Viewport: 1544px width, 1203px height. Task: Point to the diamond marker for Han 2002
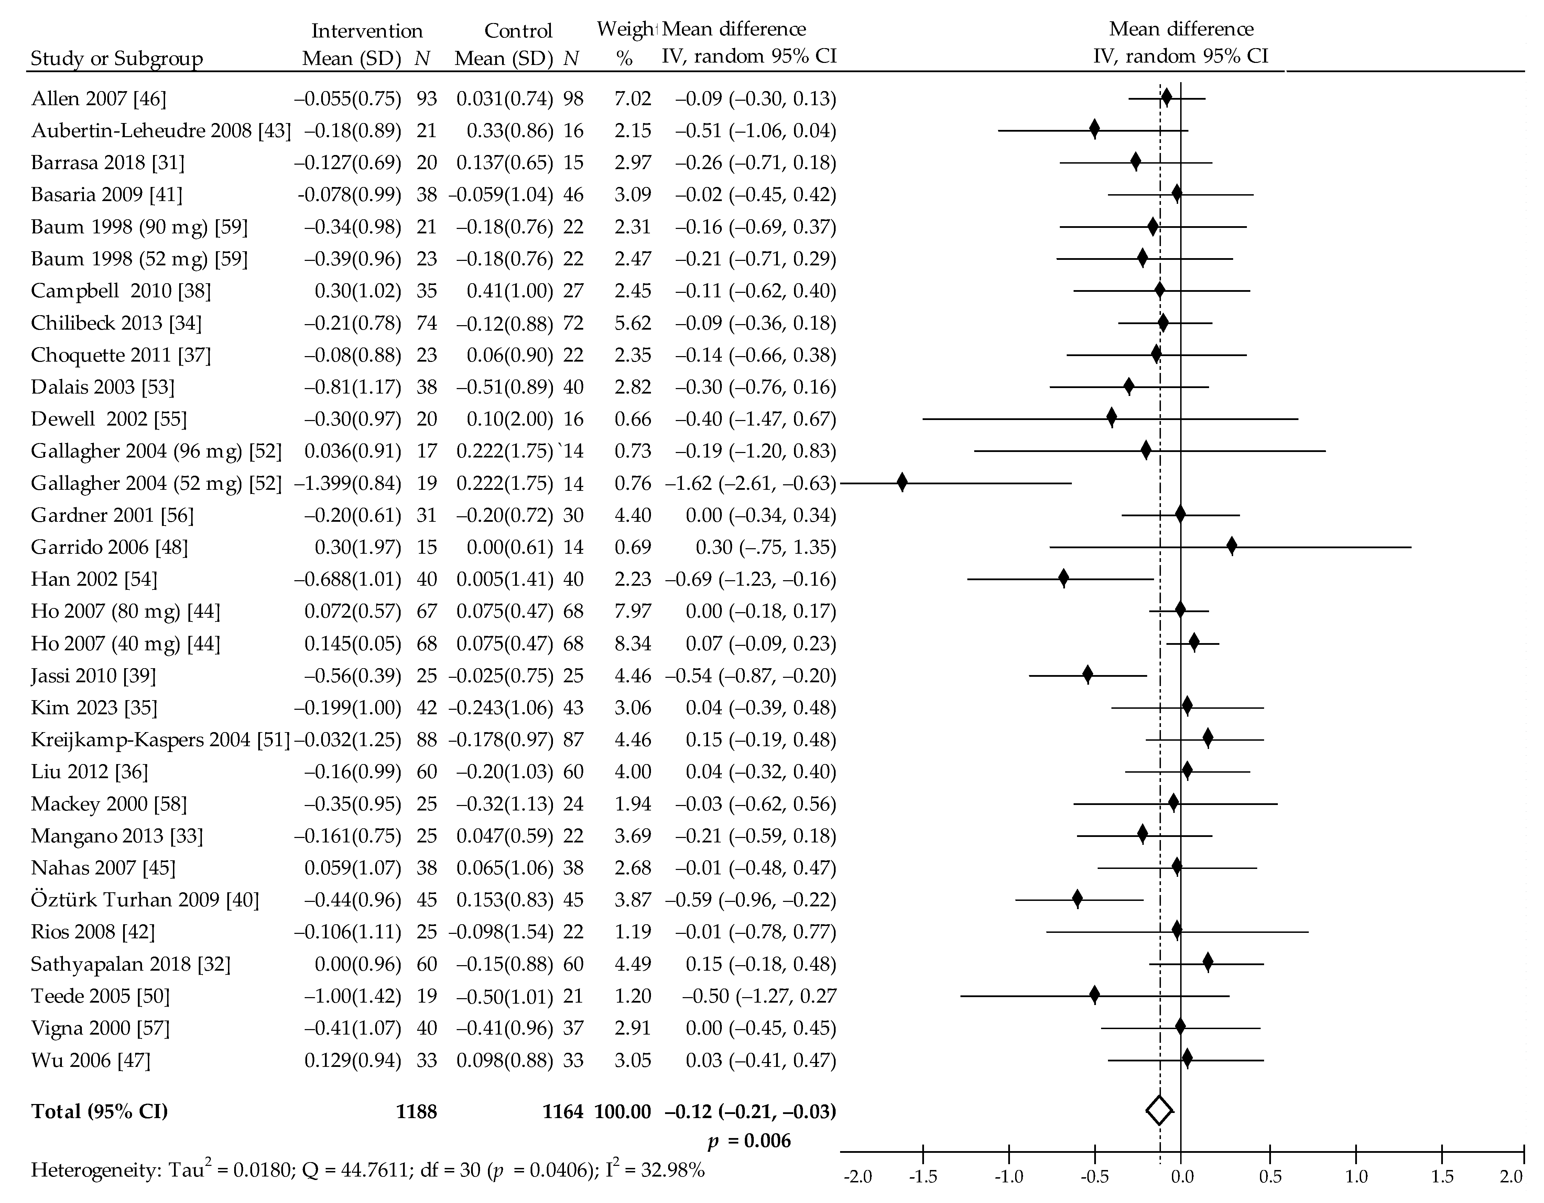click(x=1063, y=579)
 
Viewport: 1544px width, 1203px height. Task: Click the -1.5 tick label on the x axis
click(x=923, y=1177)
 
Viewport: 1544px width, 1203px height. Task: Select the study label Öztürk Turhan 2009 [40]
click(x=145, y=900)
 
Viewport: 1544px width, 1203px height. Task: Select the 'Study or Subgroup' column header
click(x=117, y=59)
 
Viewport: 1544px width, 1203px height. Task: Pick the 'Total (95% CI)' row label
click(x=100, y=1112)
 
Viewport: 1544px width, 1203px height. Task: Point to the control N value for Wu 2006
click(x=573, y=1060)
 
